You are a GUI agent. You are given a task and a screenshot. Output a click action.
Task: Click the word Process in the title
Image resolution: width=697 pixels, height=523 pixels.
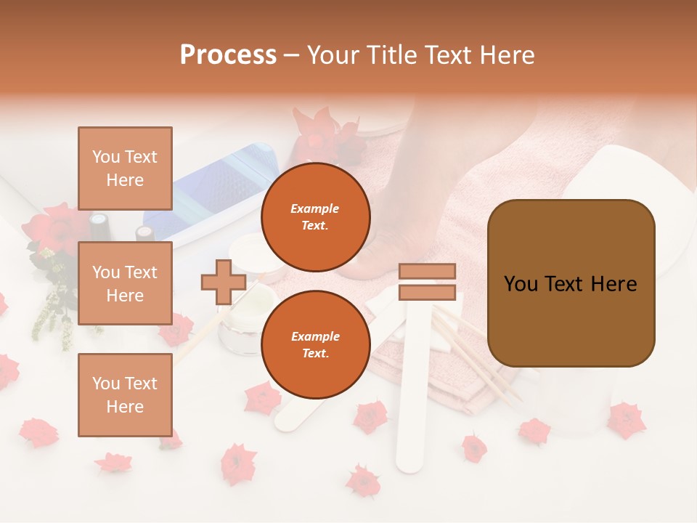[x=228, y=55]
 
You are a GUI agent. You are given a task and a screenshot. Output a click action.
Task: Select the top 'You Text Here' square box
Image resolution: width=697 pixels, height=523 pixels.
[x=125, y=169]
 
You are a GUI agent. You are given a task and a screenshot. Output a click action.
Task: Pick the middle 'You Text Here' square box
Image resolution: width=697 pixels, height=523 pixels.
[x=125, y=283]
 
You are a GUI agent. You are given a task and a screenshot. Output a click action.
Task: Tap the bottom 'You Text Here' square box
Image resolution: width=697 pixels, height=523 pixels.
[x=125, y=394]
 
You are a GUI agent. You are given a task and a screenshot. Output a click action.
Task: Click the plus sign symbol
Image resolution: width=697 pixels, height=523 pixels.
[x=223, y=282]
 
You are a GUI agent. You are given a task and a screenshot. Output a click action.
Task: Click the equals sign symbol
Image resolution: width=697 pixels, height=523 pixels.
[x=427, y=282]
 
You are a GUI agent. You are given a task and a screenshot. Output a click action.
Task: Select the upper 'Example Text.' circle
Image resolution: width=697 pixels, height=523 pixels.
[x=315, y=217]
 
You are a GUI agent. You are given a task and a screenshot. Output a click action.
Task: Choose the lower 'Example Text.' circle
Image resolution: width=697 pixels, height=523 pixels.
[x=315, y=345]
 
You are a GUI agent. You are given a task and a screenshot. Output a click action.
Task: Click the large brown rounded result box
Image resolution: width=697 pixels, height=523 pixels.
[x=571, y=283]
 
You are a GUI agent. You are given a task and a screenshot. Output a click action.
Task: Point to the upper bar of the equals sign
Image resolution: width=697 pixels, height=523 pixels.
[x=427, y=272]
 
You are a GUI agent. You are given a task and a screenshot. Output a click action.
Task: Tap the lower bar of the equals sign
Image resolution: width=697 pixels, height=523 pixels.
[x=427, y=293]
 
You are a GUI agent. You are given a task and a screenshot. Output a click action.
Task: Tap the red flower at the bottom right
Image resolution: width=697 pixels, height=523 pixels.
[x=625, y=420]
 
